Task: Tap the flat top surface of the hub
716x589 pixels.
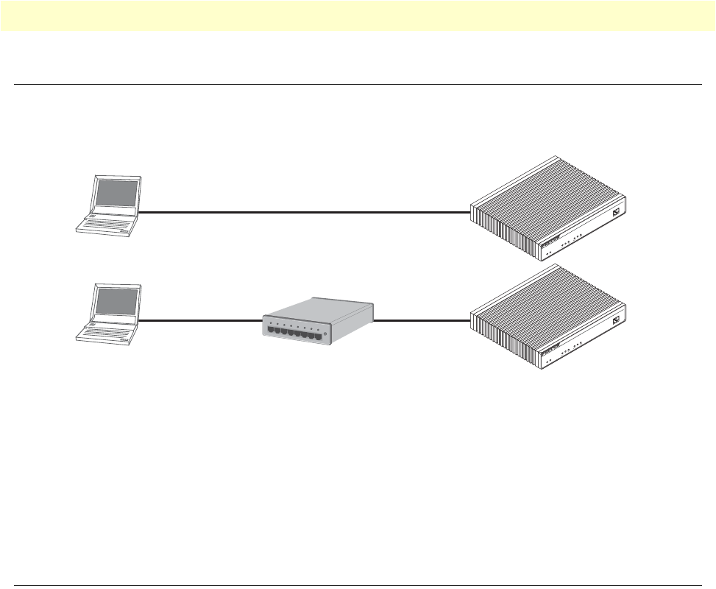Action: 316,309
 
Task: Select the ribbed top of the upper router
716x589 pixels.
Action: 545,195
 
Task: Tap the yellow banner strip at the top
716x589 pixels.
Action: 358,15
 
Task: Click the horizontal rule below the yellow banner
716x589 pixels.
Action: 358,85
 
